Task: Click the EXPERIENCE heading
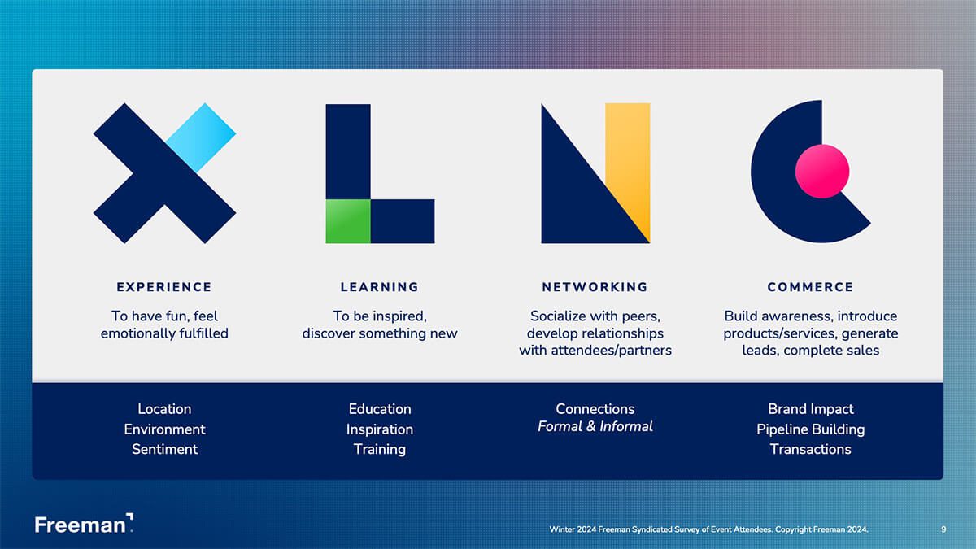tap(163, 287)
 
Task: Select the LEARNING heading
tap(379, 287)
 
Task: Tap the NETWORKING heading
tap(595, 287)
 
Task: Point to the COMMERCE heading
tap(810, 287)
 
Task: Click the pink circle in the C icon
tap(821, 172)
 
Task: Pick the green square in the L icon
tap(348, 220)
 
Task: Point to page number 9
tap(943, 529)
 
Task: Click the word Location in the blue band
tap(164, 409)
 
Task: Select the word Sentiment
tap(164, 449)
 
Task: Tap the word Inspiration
tap(379, 429)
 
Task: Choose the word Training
tap(379, 449)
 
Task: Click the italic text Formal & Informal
tap(595, 426)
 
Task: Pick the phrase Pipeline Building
tap(810, 429)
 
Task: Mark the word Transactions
tap(810, 449)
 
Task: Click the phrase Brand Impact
tap(810, 409)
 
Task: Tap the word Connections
tap(595, 409)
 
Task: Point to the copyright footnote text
tap(708, 529)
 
